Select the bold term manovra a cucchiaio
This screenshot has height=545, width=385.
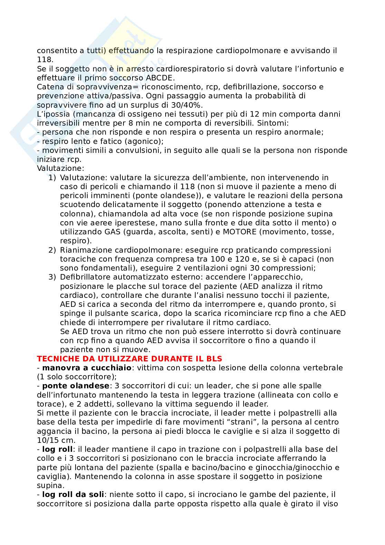pos(87,368)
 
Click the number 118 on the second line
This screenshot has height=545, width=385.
pos(43,60)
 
